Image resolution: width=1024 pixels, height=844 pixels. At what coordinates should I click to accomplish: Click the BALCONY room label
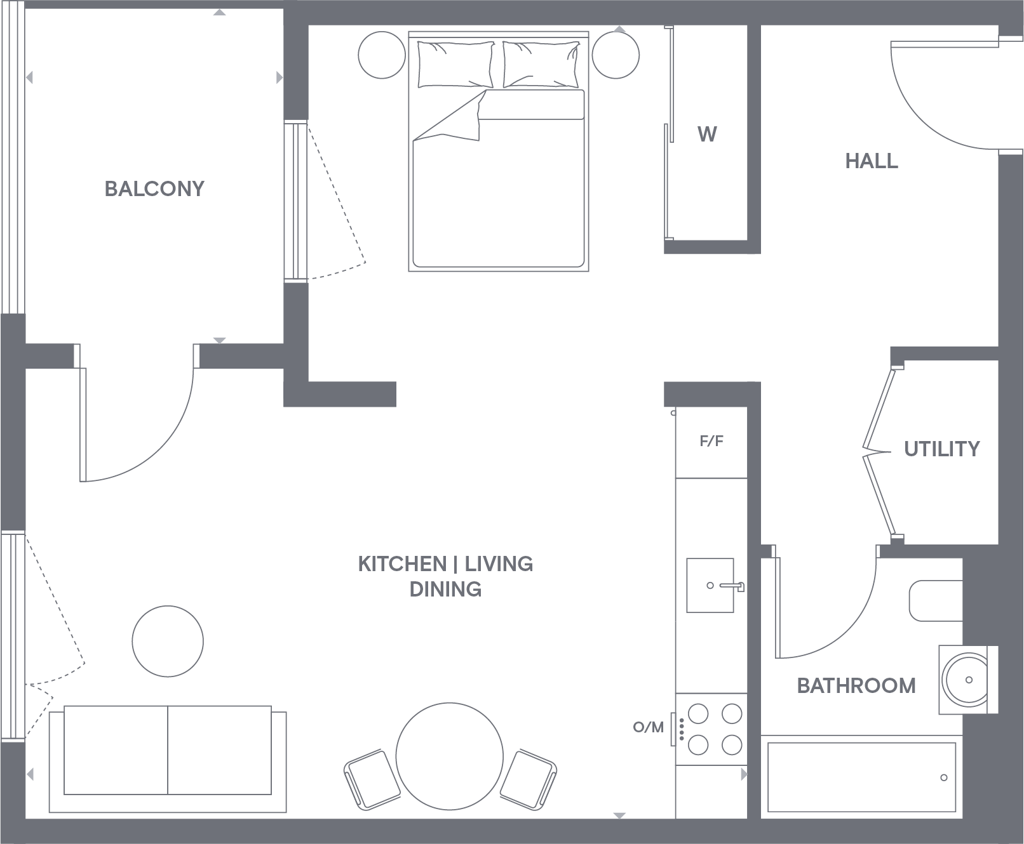[x=154, y=188]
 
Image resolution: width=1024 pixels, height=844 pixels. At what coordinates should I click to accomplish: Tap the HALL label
[x=872, y=161]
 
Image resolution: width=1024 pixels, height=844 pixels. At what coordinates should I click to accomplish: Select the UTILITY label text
[x=941, y=449]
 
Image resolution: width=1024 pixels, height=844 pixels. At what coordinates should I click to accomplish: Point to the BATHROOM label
[x=856, y=685]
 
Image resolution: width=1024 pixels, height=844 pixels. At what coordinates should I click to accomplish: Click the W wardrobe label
[x=707, y=135]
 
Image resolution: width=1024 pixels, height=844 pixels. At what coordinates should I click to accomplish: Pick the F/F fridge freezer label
[x=711, y=441]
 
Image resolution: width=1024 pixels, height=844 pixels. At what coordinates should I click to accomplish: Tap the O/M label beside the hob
[x=648, y=727]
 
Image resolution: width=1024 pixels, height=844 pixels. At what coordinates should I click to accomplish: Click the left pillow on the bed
[x=455, y=64]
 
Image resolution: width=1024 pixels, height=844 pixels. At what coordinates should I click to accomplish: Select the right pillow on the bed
[x=541, y=64]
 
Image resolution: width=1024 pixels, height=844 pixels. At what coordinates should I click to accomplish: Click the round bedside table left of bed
[x=382, y=55]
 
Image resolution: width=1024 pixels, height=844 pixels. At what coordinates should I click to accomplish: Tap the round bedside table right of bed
[x=616, y=55]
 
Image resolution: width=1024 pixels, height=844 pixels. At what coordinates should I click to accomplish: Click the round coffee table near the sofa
[x=168, y=641]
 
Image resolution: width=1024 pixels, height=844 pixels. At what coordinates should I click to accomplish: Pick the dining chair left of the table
[x=372, y=779]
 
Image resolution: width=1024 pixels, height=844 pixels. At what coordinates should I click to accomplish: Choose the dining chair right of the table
[x=528, y=779]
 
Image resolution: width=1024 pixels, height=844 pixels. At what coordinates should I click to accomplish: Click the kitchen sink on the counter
[x=710, y=585]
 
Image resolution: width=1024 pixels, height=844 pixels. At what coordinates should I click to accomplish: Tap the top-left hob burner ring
[x=698, y=714]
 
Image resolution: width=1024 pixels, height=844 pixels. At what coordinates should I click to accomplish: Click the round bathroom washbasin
[x=965, y=680]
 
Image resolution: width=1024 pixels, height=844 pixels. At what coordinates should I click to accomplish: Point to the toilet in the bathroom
[x=935, y=600]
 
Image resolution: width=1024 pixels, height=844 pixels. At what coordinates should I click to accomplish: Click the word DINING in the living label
[x=445, y=590]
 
